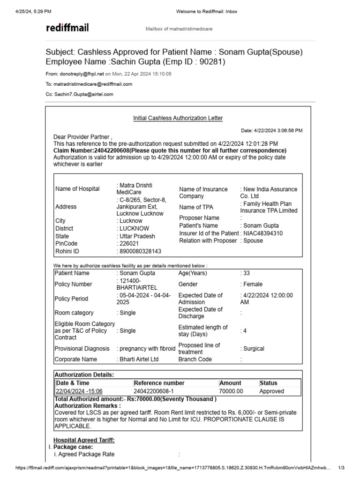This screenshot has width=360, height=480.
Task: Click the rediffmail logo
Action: (67, 28)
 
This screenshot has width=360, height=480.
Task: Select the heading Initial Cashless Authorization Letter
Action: (178, 118)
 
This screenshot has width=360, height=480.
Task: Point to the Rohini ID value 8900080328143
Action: (140, 251)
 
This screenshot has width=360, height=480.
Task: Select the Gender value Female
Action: (253, 284)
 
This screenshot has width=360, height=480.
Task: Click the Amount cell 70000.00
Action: (231, 391)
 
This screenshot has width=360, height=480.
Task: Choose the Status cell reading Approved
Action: (272, 391)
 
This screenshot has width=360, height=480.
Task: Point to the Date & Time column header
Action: (72, 383)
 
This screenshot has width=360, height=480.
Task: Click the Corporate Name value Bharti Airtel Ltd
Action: (139, 360)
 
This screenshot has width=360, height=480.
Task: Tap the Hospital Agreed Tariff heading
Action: (83, 440)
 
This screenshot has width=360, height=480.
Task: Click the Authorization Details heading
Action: (84, 375)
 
